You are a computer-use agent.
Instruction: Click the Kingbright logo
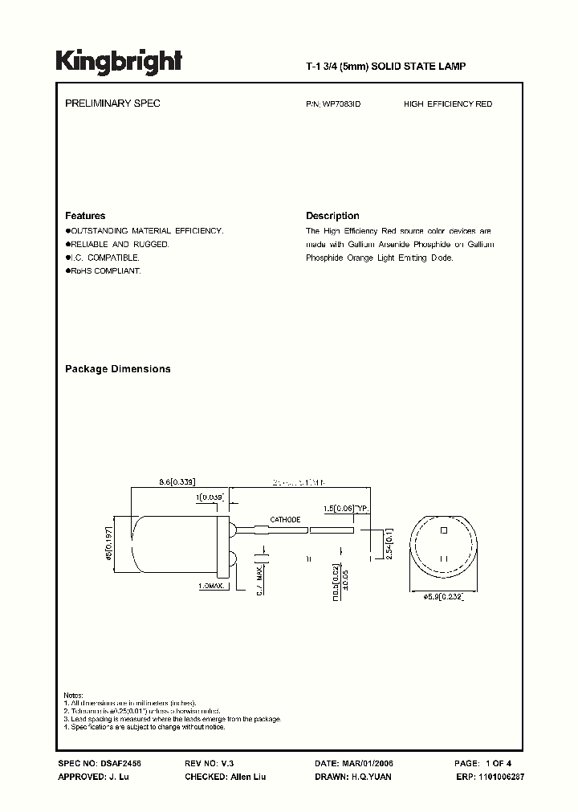[119, 61]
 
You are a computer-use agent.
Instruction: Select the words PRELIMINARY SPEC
[112, 104]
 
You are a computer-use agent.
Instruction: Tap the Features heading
[85, 216]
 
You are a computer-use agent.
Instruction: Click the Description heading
[332, 216]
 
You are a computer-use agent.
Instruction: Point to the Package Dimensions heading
[117, 369]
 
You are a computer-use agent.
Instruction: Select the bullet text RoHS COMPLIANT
[104, 271]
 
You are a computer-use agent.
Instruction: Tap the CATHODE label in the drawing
[285, 520]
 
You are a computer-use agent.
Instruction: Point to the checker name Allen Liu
[247, 777]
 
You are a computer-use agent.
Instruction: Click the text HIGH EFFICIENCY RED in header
[448, 104]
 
